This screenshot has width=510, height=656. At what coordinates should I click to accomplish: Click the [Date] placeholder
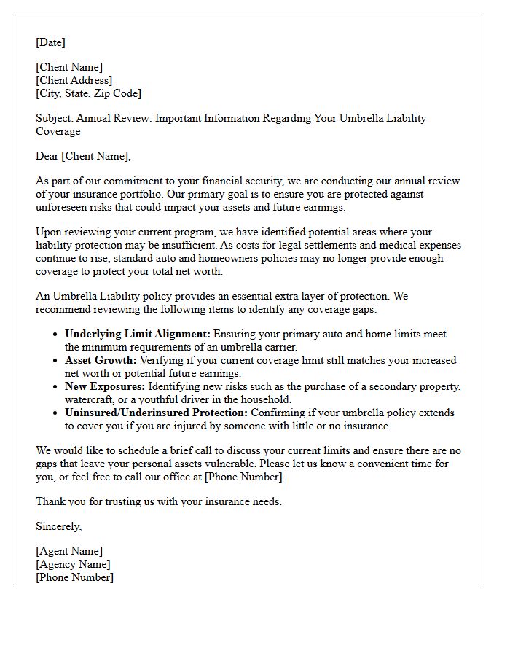50,42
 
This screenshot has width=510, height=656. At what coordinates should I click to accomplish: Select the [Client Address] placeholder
74,80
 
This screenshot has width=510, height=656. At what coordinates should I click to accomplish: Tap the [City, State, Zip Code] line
88,93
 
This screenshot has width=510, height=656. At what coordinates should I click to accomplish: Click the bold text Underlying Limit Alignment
137,334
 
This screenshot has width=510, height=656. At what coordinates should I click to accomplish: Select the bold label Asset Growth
101,360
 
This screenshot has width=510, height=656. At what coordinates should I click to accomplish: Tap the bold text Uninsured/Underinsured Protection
156,413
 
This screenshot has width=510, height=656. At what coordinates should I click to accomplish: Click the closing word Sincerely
58,526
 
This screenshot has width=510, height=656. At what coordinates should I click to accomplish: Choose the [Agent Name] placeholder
69,551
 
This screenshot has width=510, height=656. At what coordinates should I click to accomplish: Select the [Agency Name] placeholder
73,564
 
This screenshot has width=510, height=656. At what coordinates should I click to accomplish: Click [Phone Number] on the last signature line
74,577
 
